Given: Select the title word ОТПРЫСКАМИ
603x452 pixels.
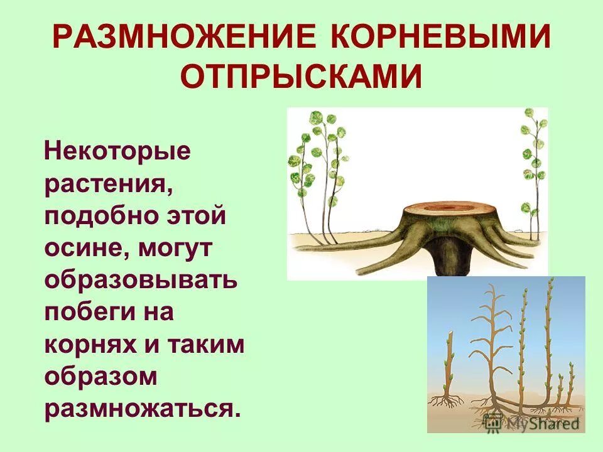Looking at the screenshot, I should click(x=301, y=77).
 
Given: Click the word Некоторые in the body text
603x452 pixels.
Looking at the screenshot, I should click(x=117, y=151).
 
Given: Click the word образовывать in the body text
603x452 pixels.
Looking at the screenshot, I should click(x=141, y=280).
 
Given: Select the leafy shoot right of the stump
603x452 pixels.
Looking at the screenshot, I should click(x=531, y=176).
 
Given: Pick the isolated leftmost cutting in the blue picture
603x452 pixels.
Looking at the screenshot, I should click(x=448, y=370).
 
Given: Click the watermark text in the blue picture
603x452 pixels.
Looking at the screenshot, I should click(x=534, y=424).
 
